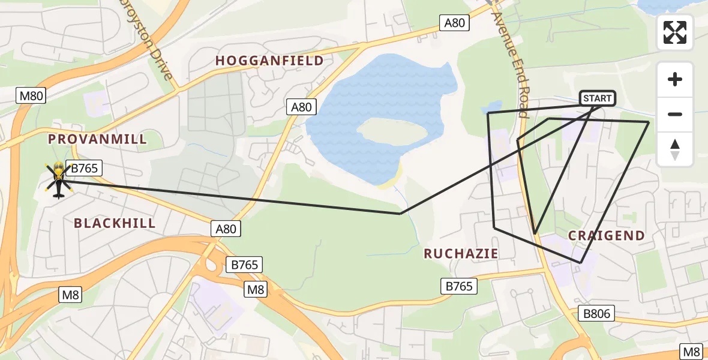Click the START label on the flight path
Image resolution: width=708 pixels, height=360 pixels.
(597, 98)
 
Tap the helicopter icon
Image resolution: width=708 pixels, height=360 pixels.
(58, 178)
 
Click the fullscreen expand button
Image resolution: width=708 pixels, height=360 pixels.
(675, 32)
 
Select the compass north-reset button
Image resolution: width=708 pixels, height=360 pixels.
(675, 149)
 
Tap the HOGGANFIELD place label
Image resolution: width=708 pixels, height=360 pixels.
(269, 61)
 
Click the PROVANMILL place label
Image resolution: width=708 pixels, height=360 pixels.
(97, 139)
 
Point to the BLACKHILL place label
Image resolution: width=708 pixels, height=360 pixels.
(115, 223)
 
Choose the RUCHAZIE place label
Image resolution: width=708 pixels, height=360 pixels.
(461, 254)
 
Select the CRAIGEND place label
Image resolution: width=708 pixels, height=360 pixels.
(606, 236)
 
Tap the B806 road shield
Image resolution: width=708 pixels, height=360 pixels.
(596, 313)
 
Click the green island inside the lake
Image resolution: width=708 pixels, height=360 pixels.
(392, 131)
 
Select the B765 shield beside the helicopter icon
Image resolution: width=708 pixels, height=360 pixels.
(84, 169)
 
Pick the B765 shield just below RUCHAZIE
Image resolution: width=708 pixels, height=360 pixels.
(459, 286)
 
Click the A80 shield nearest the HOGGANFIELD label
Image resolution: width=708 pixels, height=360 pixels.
(301, 107)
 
